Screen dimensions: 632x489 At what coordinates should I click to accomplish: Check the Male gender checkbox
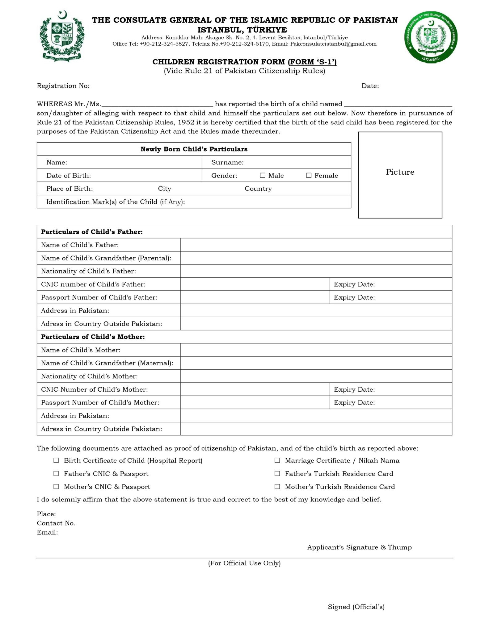click(263, 175)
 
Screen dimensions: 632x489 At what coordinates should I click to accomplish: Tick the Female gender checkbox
click(309, 175)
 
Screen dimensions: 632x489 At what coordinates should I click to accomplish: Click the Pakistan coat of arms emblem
click(62, 36)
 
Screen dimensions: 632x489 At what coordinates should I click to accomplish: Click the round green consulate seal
click(431, 37)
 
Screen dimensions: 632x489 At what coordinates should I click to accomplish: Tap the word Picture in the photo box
click(400, 172)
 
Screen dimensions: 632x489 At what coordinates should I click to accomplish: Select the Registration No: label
click(63, 86)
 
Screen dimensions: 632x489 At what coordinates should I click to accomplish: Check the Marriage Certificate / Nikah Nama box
click(277, 460)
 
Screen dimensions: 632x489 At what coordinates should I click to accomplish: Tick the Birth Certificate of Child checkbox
click(56, 460)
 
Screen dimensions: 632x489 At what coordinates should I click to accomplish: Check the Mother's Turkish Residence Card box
click(277, 486)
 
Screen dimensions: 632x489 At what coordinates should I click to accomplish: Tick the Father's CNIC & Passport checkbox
click(56, 473)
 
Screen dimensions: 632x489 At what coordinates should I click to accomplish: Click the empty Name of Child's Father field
click(316, 245)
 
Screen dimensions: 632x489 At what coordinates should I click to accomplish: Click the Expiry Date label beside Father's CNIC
click(354, 284)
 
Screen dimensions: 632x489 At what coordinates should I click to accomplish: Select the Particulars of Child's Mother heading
click(93, 337)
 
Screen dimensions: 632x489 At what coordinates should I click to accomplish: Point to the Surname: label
click(227, 162)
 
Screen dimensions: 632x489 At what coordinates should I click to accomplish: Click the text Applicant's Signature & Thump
click(359, 547)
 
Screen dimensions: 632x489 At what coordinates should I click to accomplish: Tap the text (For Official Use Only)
click(244, 563)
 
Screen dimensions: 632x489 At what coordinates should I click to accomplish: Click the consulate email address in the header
click(333, 44)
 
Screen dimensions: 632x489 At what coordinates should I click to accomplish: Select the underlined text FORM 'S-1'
click(313, 62)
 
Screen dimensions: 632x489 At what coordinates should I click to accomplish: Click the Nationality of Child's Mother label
click(89, 376)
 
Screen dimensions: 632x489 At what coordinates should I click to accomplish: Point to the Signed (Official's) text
click(356, 607)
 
